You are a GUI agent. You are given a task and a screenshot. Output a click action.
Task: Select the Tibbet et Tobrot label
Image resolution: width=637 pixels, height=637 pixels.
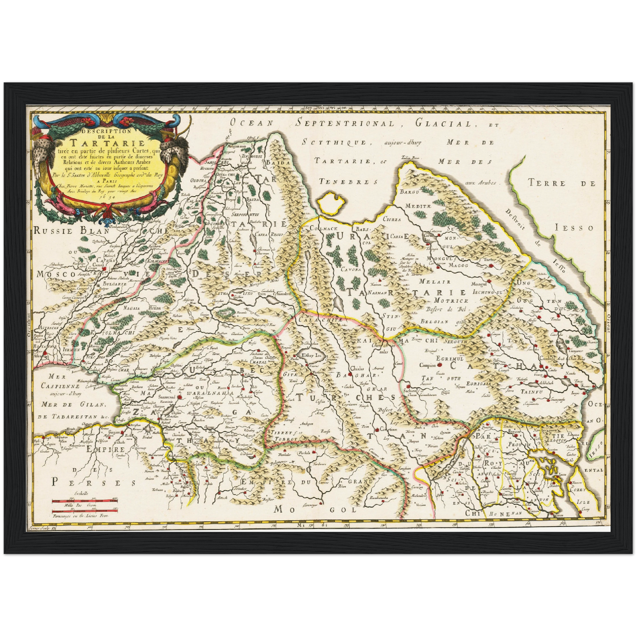tap(282, 436)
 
